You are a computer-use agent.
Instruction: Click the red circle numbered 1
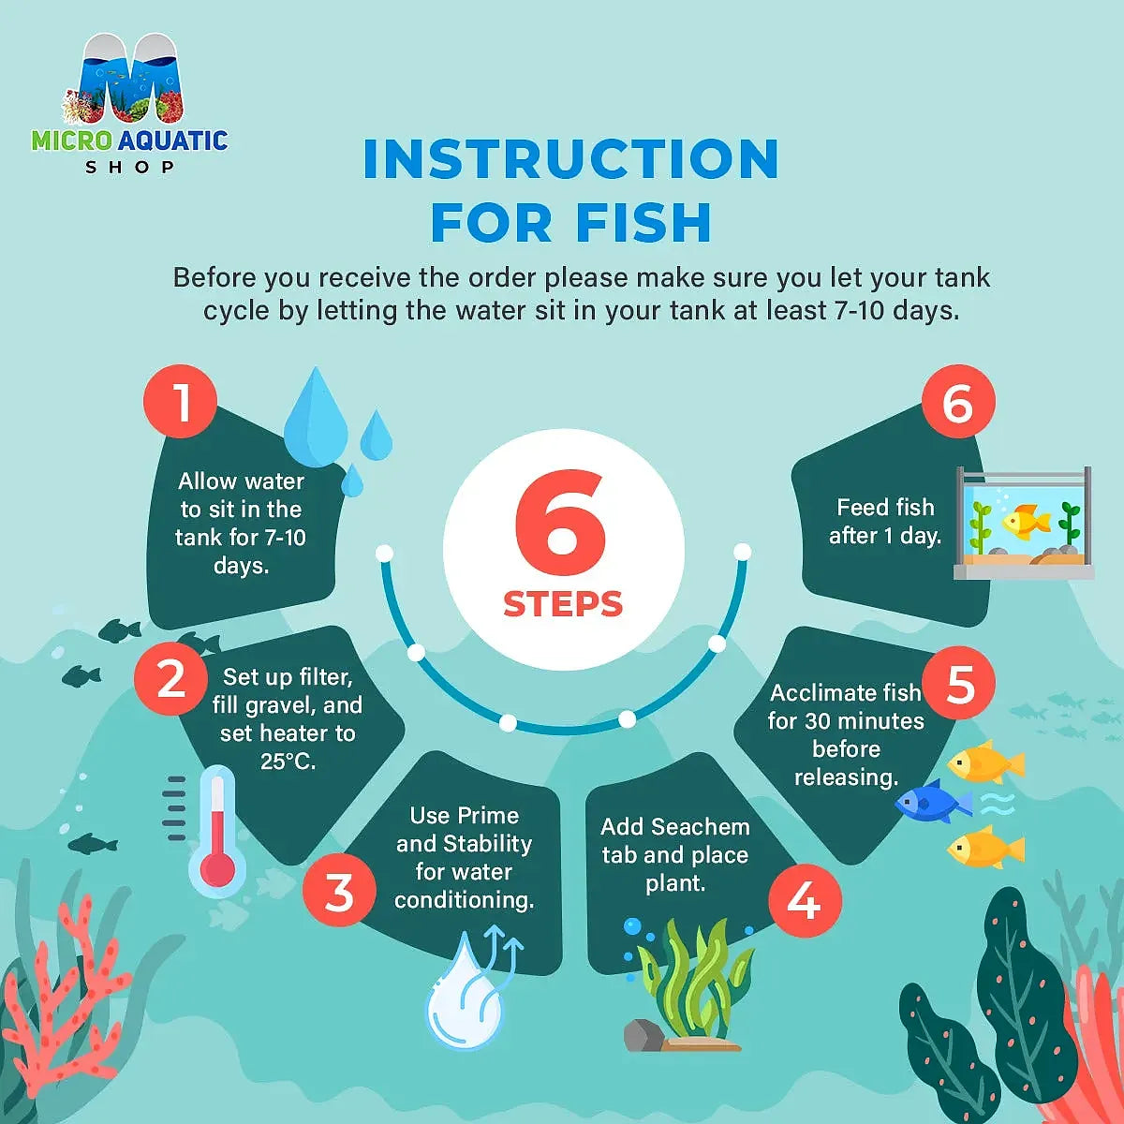pyautogui.click(x=180, y=401)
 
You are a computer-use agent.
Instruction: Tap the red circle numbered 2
pyautogui.click(x=170, y=678)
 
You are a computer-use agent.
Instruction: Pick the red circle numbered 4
pyautogui.click(x=805, y=900)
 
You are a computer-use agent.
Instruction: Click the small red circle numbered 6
pyautogui.click(x=958, y=401)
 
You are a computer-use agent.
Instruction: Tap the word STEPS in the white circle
pyautogui.click(x=563, y=604)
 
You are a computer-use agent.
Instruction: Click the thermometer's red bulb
pyautogui.click(x=217, y=869)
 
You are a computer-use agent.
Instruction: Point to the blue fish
pyautogui.click(x=933, y=802)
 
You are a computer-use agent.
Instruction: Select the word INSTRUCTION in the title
pyautogui.click(x=570, y=158)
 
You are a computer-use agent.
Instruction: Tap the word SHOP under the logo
pyautogui.click(x=129, y=168)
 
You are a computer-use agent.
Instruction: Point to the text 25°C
pyautogui.click(x=288, y=762)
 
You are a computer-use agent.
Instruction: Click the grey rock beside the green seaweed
pyautogui.click(x=643, y=1035)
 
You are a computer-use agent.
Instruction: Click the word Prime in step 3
pyautogui.click(x=489, y=816)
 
